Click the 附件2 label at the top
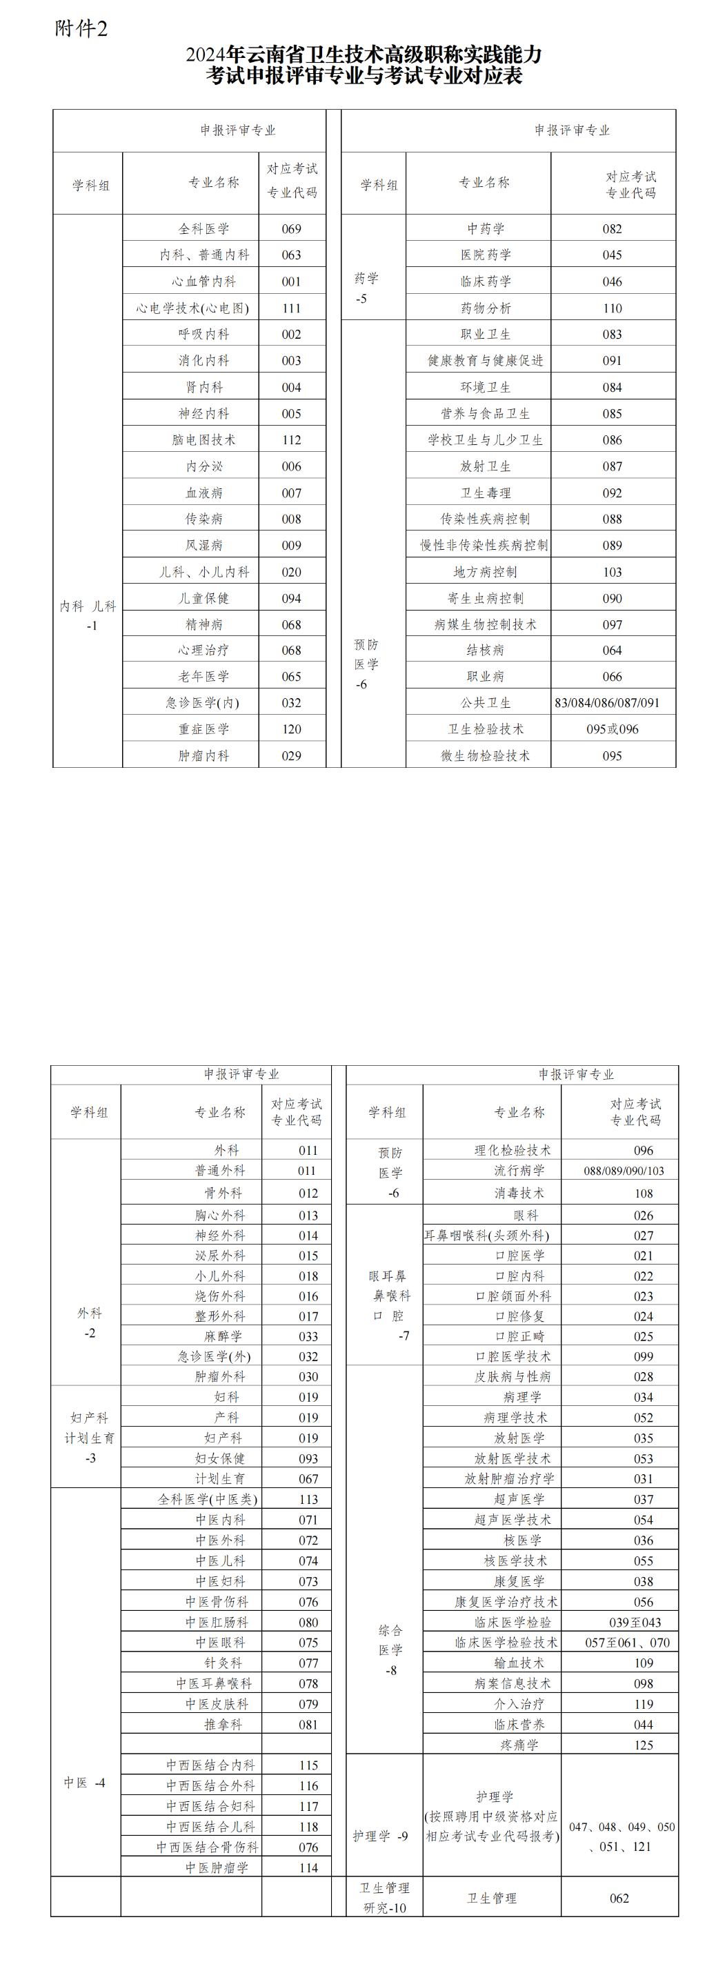click(81, 28)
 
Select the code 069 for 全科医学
click(292, 228)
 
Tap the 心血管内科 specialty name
click(203, 281)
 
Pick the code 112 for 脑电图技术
click(292, 440)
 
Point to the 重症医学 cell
click(203, 729)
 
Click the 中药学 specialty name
click(486, 228)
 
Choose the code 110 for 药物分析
click(612, 308)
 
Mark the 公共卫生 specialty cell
click(486, 702)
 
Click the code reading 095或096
click(612, 729)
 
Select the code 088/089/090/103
click(624, 1171)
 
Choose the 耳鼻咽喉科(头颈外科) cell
click(487, 1236)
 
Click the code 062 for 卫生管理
click(619, 1898)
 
